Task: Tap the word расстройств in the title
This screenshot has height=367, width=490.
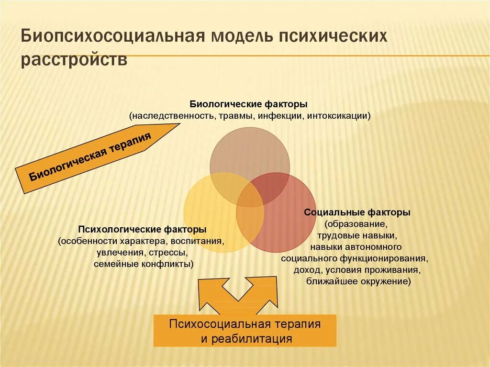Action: (x=74, y=61)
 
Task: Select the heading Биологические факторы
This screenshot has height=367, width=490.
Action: (x=248, y=104)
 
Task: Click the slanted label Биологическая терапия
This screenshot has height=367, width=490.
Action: (x=91, y=156)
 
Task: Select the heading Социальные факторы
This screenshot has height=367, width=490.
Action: (x=357, y=212)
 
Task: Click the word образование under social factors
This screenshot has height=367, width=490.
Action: (x=356, y=224)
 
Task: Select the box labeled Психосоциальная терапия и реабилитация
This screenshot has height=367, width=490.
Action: (x=245, y=331)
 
